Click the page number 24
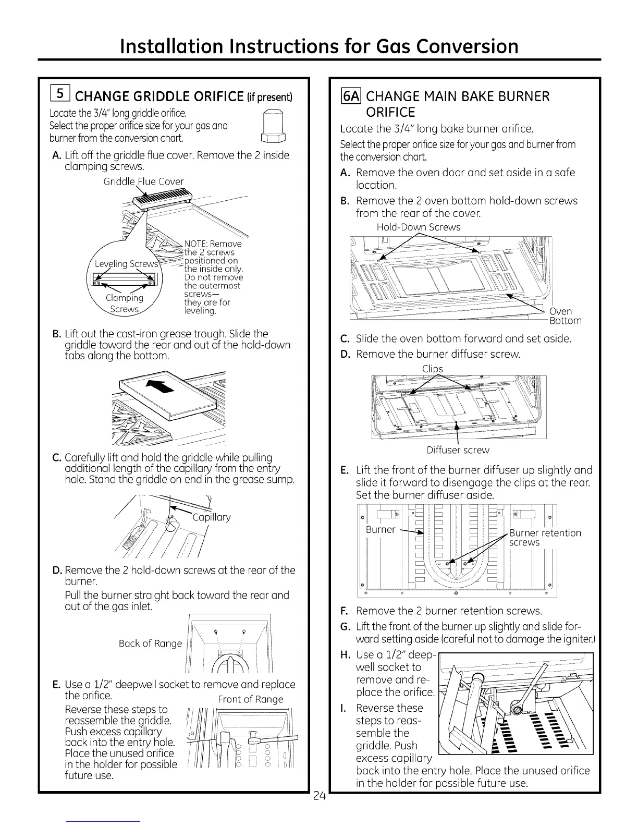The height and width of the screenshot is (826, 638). click(320, 796)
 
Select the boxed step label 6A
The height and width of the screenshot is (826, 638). click(351, 96)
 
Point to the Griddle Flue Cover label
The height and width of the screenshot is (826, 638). click(143, 181)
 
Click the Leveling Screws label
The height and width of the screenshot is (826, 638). click(126, 264)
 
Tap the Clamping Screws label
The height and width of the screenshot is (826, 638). click(124, 303)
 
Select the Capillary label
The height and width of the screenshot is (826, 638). click(211, 517)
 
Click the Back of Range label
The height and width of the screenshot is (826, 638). click(150, 643)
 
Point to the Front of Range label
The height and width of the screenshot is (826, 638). click(251, 699)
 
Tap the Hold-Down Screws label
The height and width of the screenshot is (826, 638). click(419, 227)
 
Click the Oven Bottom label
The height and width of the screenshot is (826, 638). click(565, 316)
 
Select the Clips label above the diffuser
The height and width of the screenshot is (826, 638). click(432, 369)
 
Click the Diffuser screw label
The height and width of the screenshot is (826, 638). click(458, 450)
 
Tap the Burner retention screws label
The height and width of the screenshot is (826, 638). click(545, 537)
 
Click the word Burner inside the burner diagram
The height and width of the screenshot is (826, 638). click(381, 529)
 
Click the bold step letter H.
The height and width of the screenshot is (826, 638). click(344, 654)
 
